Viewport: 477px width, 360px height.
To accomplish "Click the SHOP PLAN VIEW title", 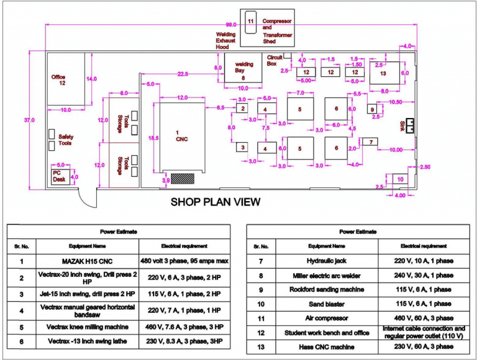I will coord(216,202).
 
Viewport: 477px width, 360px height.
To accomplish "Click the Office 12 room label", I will coord(58,80).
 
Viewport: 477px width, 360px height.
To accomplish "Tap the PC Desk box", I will coord(60,176).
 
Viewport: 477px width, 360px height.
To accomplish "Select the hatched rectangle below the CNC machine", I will coord(183,178).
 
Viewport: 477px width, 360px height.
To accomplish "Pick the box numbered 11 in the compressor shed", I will coord(251,21).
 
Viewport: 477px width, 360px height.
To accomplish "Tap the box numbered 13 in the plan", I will coord(383,74).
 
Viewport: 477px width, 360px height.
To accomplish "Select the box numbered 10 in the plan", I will coord(400,179).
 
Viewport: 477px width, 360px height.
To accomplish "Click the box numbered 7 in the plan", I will coord(370,142).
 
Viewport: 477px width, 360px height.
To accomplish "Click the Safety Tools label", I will coord(65,140).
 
